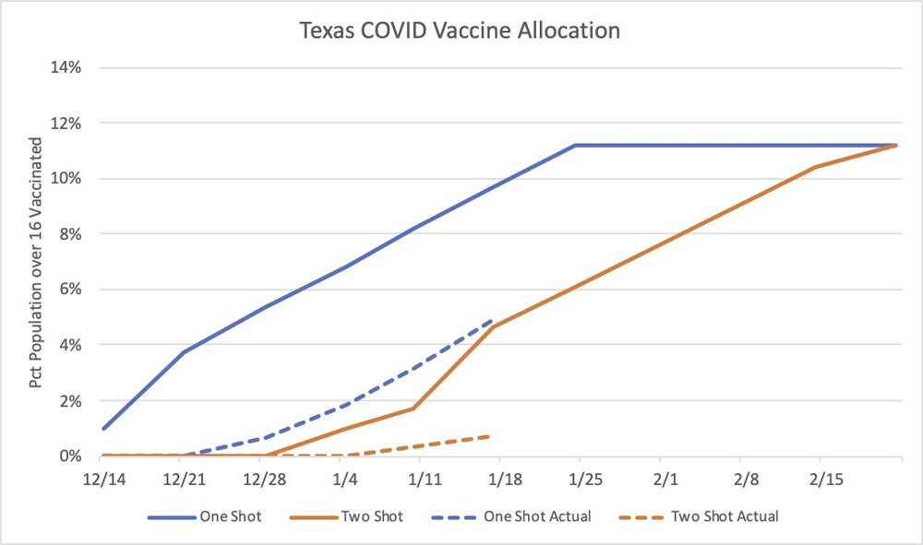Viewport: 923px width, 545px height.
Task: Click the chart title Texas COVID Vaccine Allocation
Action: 460,30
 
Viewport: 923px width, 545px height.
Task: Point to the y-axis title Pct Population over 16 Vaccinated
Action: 37,263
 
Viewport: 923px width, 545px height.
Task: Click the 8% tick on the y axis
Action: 74,234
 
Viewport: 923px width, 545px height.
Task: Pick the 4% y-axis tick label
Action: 74,345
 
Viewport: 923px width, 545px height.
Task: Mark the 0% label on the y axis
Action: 74,456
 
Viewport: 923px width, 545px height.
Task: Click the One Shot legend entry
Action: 205,516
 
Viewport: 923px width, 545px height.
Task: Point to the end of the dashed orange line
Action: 490,436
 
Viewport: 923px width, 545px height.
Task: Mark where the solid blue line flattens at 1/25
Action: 575,145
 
